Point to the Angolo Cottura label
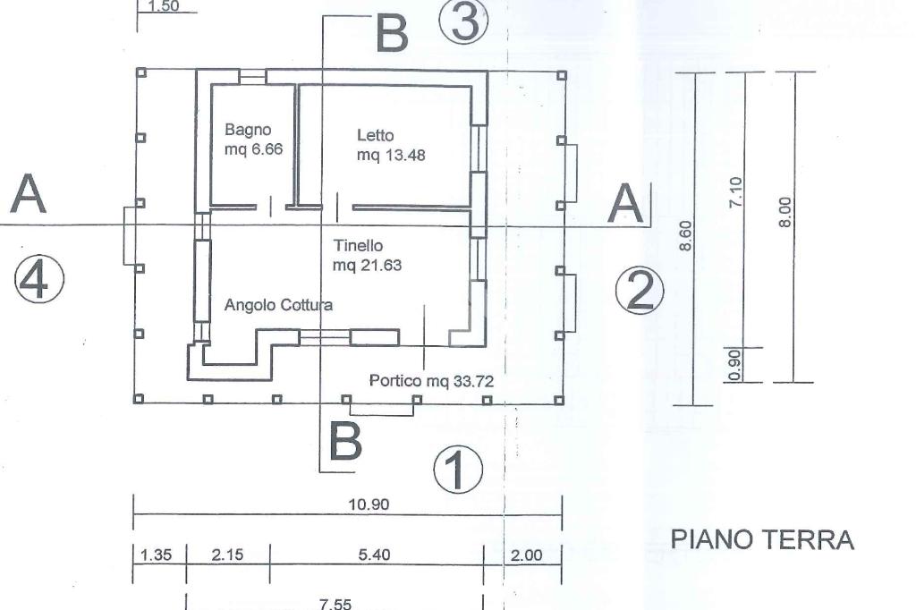click(278, 305)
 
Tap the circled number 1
click(457, 470)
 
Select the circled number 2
click(640, 291)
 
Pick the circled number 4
click(38, 279)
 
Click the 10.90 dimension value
click(369, 504)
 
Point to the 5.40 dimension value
click(374, 555)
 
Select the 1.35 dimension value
click(157, 555)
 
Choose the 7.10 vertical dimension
click(736, 191)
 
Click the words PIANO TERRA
click(762, 540)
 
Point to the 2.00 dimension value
click(526, 555)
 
